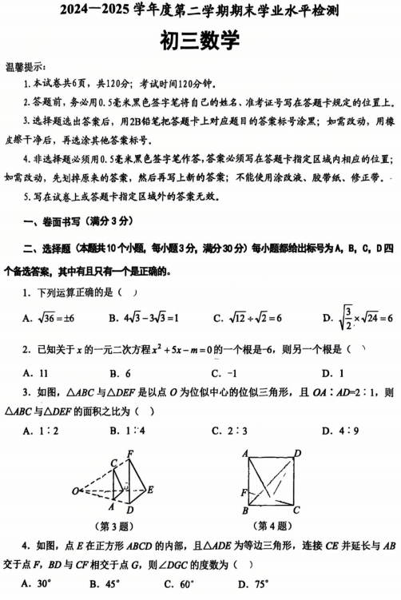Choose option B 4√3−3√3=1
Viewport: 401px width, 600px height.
(x=144, y=319)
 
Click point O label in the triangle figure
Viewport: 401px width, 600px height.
(x=74, y=490)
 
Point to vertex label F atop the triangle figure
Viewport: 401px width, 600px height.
(x=129, y=454)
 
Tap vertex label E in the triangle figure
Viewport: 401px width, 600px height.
(x=150, y=490)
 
